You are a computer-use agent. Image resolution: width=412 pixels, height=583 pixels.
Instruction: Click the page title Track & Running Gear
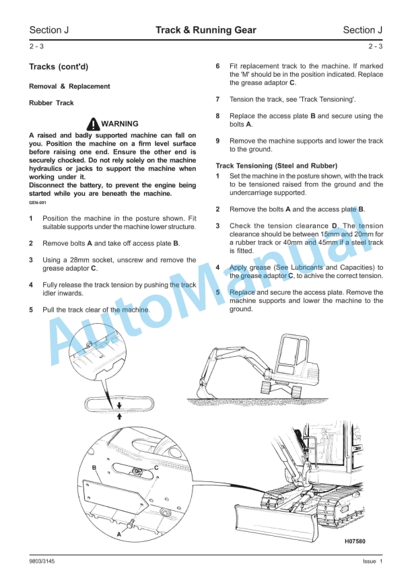pos(205,30)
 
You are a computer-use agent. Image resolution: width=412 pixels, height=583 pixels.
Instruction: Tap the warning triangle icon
pos(93,123)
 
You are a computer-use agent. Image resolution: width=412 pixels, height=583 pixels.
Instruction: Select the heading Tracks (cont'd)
pos(59,67)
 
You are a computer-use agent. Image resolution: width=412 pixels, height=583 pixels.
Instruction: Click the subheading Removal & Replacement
pos(69,87)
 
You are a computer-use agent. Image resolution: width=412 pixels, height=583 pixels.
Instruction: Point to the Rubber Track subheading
pos(51,104)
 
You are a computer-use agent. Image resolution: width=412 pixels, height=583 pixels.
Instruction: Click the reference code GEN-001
pos(38,202)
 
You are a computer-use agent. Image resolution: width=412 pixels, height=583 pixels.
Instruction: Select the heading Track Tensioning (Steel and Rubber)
pos(277,166)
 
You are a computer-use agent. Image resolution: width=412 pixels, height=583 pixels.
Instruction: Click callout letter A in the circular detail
pos(120,533)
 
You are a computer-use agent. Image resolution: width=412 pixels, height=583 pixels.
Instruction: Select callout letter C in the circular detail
pos(156,467)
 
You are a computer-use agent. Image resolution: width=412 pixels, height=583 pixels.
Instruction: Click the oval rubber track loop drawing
pos(118,404)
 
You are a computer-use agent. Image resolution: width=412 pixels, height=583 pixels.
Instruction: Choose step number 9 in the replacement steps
pos(217,141)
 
